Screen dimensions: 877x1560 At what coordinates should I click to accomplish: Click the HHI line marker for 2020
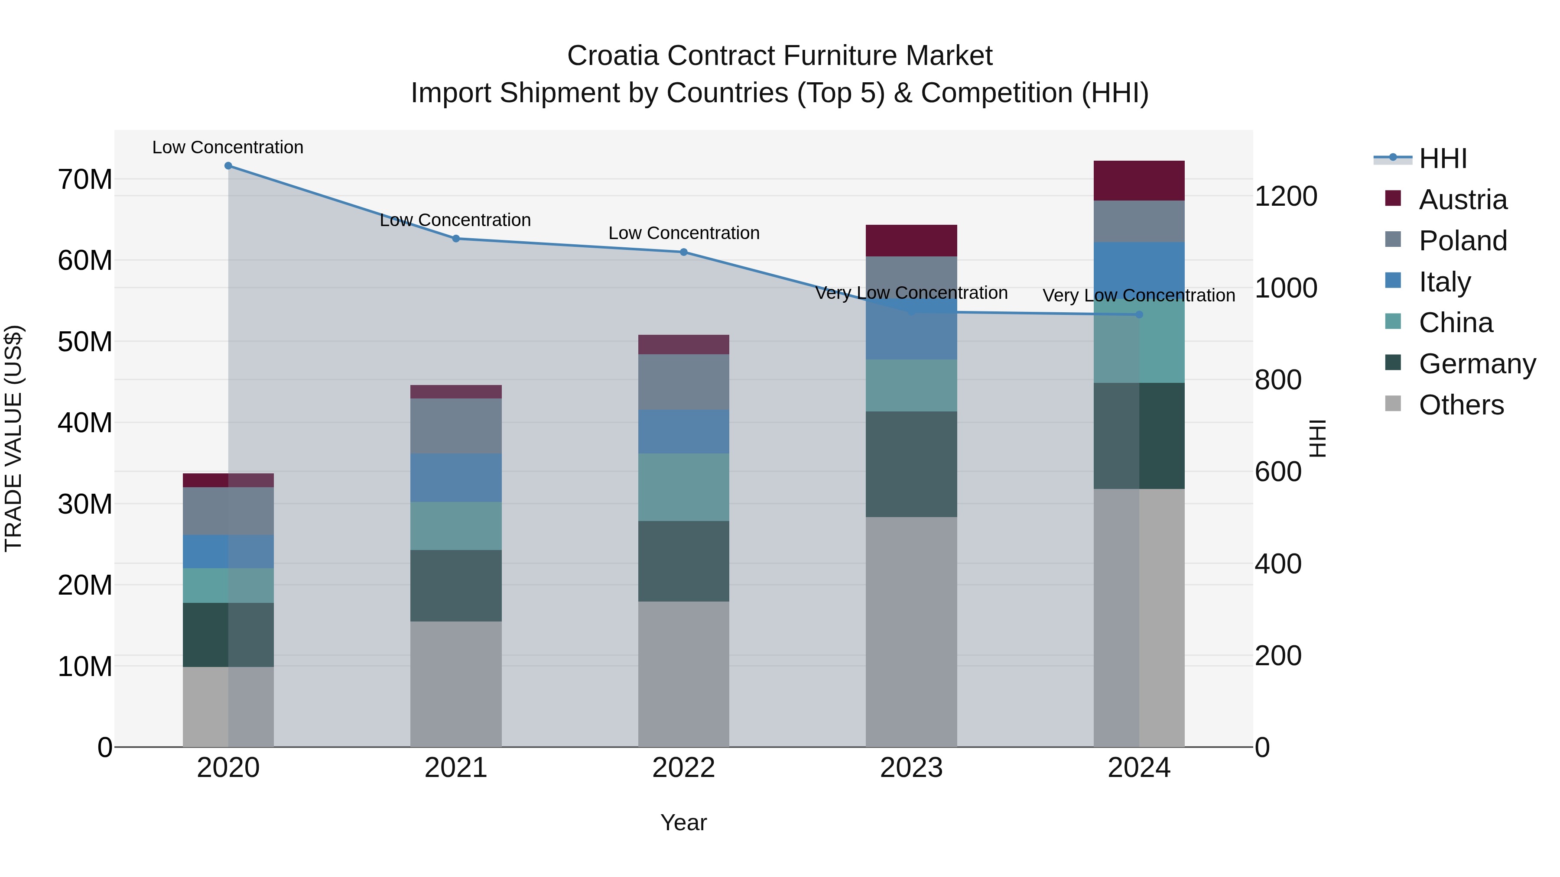[228, 166]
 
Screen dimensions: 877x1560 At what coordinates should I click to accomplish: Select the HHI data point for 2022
[684, 252]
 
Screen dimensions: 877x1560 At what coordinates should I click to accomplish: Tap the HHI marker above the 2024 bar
[1139, 315]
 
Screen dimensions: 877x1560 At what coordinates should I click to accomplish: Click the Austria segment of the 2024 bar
[1139, 180]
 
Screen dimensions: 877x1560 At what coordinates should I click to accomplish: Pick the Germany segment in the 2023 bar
[911, 464]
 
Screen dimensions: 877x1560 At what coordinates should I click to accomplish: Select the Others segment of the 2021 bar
[456, 684]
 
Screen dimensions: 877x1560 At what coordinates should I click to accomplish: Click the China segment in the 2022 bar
[684, 487]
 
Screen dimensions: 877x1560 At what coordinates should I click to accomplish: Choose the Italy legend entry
[1444, 282]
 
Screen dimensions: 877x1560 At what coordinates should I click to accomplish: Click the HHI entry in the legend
[1443, 159]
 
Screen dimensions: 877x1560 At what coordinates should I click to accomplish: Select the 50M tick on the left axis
[85, 342]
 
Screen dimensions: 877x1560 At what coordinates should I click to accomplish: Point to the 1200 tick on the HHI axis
[1286, 196]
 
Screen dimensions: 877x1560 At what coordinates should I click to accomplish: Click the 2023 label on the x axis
[911, 768]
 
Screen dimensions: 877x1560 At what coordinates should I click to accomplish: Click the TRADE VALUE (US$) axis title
[13, 438]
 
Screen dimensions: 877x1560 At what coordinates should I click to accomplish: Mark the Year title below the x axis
[684, 822]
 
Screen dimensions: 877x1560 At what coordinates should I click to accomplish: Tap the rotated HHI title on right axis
[1318, 438]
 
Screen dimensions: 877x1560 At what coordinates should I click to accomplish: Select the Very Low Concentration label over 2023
[911, 293]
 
